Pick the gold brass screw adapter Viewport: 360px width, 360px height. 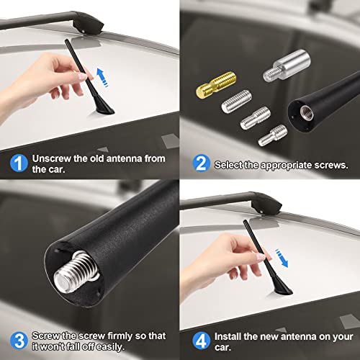point(210,92)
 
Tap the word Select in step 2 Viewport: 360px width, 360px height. point(230,165)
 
